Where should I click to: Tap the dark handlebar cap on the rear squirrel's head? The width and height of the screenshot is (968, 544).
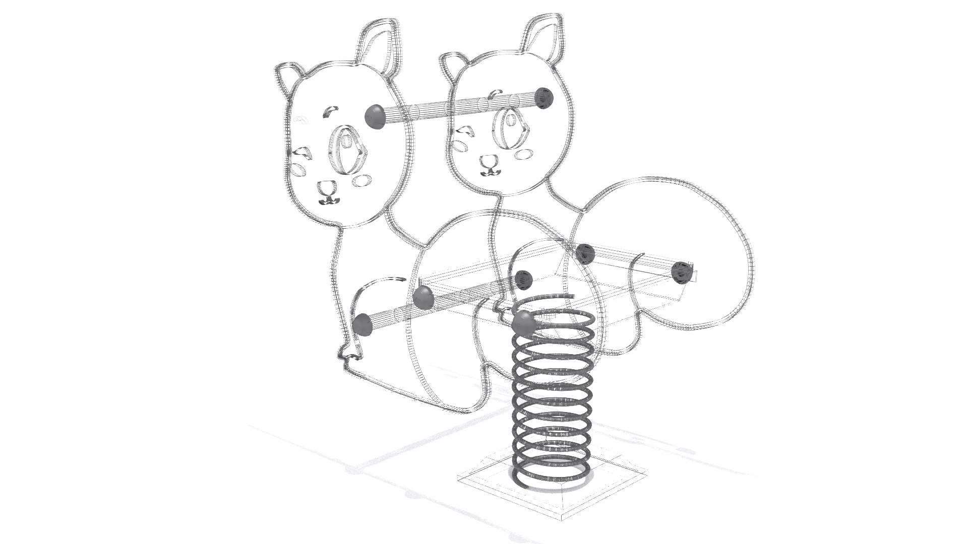pos(544,97)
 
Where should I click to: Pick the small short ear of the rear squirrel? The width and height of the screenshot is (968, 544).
pos(452,65)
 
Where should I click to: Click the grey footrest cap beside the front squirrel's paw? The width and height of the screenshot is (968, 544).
pos(362,324)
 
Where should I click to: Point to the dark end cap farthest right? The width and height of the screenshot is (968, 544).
pos(681,270)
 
